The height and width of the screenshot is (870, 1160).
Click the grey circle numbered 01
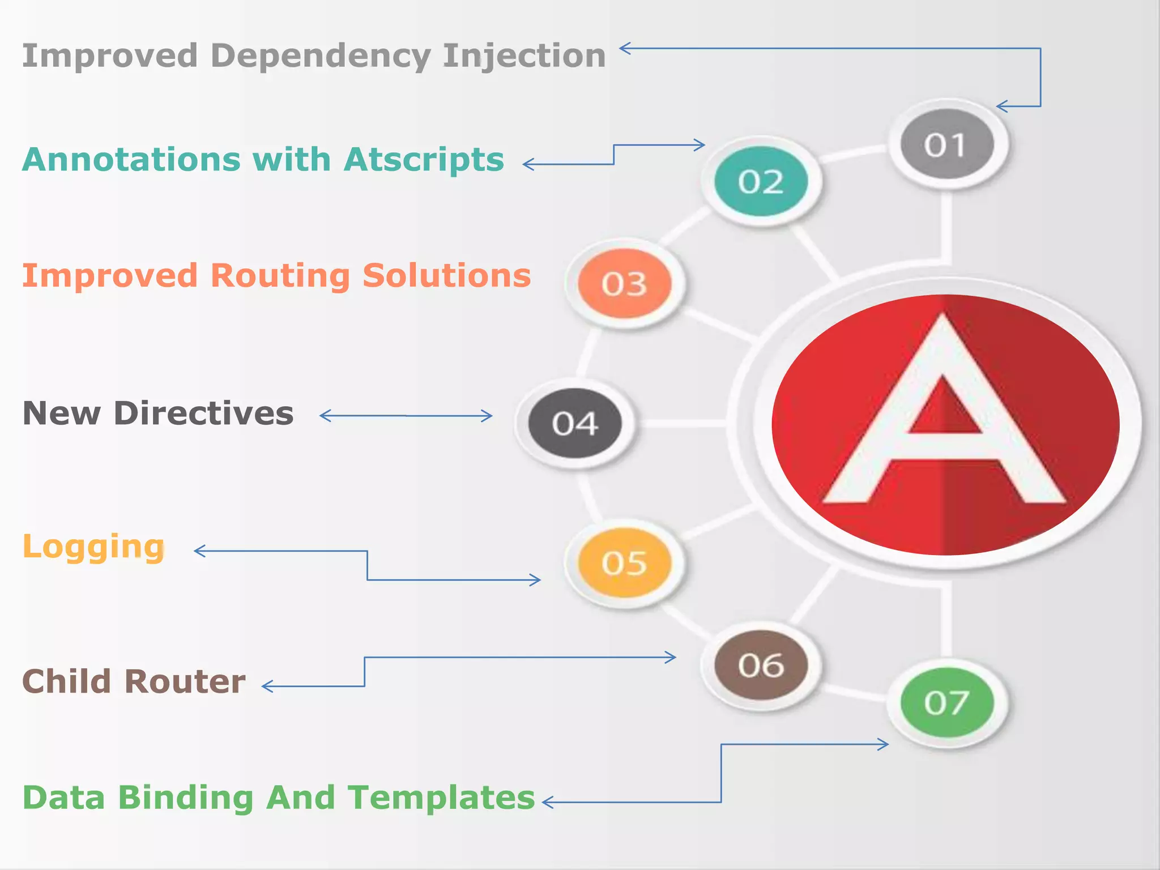click(947, 144)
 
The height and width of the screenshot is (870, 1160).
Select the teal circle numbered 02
click(761, 181)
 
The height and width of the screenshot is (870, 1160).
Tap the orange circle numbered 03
click(624, 283)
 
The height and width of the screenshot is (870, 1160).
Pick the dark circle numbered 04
click(575, 423)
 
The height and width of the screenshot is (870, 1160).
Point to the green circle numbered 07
click(947, 702)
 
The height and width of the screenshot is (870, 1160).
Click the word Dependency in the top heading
click(321, 56)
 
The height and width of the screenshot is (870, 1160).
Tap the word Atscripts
click(424, 159)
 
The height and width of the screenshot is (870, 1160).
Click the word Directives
click(203, 413)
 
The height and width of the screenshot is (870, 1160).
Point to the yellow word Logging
click(93, 547)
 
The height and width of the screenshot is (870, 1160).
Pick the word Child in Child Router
click(67, 681)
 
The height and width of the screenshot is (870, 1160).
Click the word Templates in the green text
click(441, 797)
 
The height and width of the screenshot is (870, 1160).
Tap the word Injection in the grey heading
click(524, 56)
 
